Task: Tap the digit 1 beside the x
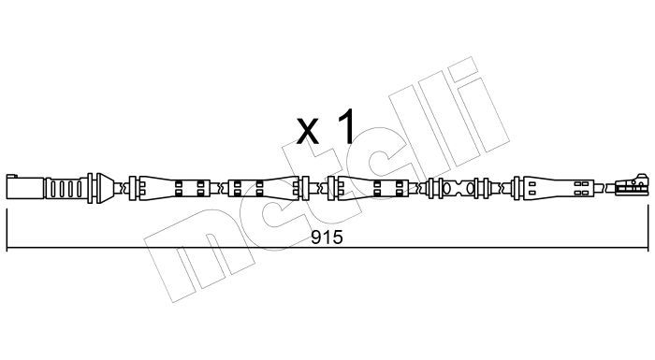(x=346, y=125)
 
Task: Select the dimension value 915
(x=327, y=238)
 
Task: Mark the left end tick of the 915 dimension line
(x=7, y=230)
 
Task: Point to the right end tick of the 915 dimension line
(x=648, y=230)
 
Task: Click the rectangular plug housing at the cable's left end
(x=25, y=188)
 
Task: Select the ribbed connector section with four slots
(x=66, y=188)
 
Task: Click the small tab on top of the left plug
(x=11, y=176)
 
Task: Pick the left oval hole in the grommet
(x=446, y=189)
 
